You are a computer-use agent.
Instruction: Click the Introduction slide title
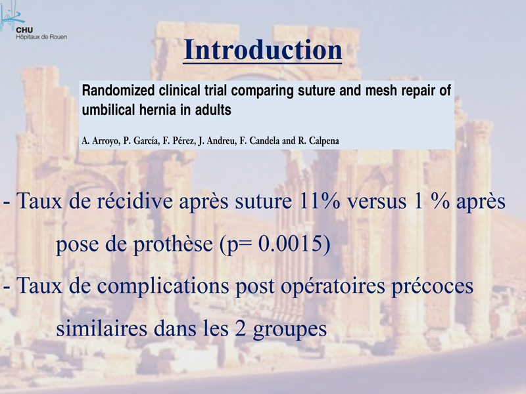tap(262, 50)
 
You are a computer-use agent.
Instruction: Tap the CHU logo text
tap(24, 30)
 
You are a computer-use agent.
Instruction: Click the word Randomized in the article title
tap(118, 91)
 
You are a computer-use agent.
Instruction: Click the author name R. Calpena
tap(319, 141)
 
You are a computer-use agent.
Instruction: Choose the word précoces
tap(432, 286)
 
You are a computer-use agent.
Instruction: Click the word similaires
tap(102, 329)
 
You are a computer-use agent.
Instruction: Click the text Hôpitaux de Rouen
tap(41, 37)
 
